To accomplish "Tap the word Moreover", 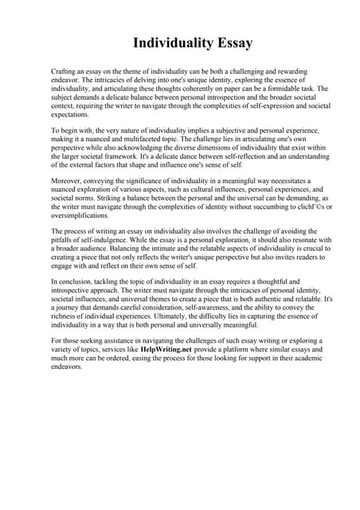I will (x=69, y=182).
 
